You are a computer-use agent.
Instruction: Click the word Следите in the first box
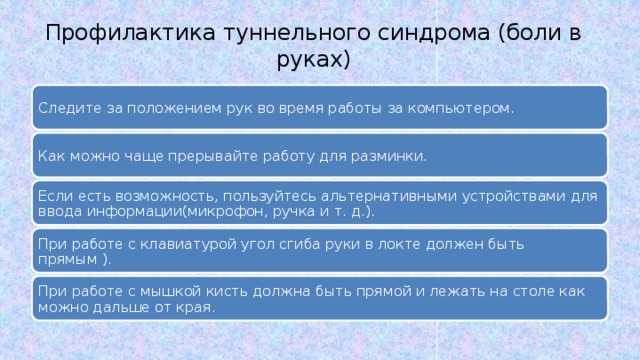click(62, 108)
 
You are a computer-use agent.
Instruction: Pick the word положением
click(157, 108)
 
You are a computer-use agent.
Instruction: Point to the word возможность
click(154, 196)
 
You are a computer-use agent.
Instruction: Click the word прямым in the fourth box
click(60, 259)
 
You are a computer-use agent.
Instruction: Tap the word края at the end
click(196, 307)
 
